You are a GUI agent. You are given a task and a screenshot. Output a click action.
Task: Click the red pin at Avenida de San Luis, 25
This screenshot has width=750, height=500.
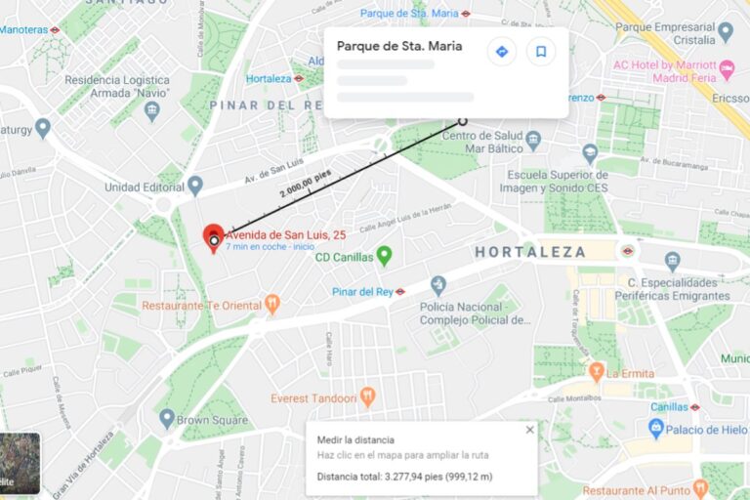click(x=213, y=237)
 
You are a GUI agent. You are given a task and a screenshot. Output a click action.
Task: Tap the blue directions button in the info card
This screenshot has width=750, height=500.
click(x=502, y=52)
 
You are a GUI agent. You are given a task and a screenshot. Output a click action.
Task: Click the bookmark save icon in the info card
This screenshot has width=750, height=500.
click(x=540, y=52)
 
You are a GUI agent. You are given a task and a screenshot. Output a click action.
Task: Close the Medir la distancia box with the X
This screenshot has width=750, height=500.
click(x=530, y=429)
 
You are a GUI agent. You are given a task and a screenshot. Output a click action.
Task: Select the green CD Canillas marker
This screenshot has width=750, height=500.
click(x=385, y=256)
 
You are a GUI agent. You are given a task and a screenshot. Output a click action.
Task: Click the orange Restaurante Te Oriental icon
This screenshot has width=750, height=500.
click(x=272, y=305)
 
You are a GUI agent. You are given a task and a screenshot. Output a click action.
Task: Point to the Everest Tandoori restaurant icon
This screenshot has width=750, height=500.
click(x=367, y=396)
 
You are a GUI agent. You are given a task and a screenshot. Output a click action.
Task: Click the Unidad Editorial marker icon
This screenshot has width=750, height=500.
click(x=195, y=185)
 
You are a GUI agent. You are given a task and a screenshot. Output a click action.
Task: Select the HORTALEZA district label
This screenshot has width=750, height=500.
click(x=530, y=252)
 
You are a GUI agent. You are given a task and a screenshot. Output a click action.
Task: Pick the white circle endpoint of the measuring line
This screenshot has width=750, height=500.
click(x=463, y=122)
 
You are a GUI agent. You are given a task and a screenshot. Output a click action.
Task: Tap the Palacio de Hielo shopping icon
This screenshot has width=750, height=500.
click(x=656, y=429)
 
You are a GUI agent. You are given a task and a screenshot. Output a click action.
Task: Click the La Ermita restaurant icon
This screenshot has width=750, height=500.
click(x=596, y=372)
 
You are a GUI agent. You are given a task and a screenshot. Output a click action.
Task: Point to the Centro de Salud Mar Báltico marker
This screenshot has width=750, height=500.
click(x=532, y=139)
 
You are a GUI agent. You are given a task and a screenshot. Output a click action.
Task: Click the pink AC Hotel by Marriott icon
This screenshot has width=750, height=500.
click(x=726, y=70)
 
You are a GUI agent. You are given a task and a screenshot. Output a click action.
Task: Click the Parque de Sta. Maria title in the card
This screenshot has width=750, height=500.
click(x=399, y=46)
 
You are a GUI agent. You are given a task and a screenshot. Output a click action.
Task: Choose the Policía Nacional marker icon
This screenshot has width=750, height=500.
click(x=437, y=284)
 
